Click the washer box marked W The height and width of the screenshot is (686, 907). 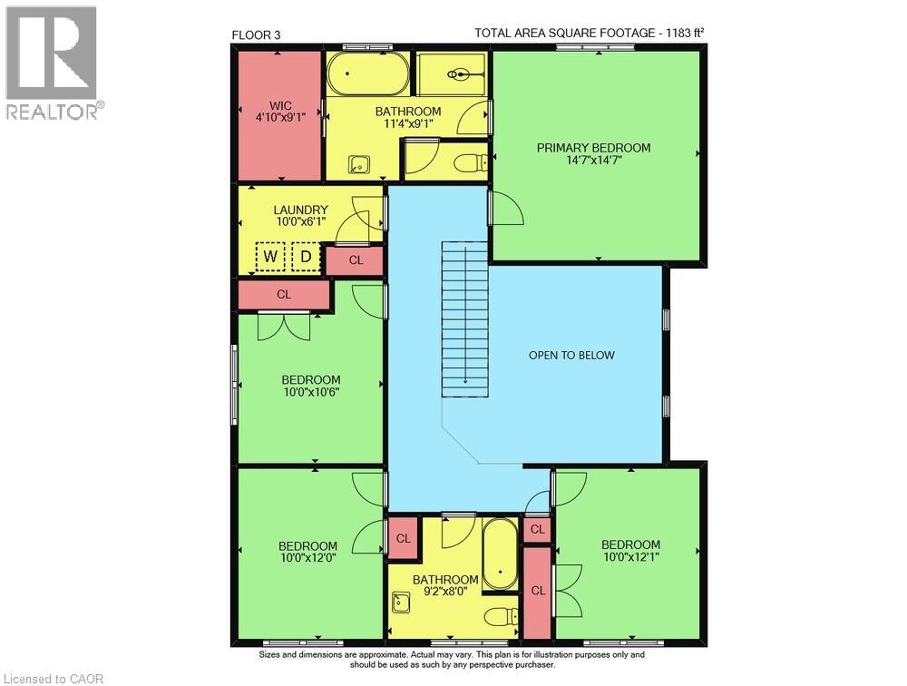270,256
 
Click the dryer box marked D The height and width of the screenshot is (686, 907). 306,256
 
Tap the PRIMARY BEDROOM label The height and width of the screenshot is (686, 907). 593,148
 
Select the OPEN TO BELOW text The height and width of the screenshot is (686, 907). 571,356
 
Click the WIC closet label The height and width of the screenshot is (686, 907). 280,106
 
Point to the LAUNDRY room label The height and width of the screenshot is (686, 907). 301,211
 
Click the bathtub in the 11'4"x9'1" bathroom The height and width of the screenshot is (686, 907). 368,74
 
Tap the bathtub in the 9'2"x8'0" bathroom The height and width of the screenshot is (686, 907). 500,554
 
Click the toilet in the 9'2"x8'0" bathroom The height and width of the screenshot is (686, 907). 501,617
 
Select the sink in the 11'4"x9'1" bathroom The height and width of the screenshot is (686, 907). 358,165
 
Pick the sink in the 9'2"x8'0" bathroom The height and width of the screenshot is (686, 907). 401,603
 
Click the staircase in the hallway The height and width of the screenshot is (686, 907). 465,319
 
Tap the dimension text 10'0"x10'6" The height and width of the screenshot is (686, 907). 310,393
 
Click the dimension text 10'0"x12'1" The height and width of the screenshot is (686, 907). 630,557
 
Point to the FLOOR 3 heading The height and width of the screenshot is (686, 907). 257,35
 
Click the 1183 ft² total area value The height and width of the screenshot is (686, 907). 685,33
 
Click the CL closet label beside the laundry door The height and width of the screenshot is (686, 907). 356,260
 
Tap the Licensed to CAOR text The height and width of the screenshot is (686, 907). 54,679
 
